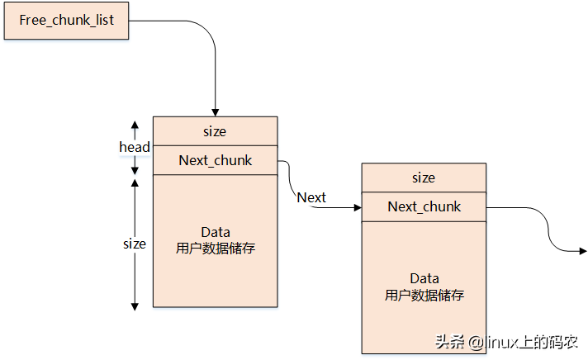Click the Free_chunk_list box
pos(67,20)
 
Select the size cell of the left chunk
pos(215,131)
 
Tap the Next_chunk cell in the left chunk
pos(215,160)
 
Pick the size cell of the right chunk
pos(423,178)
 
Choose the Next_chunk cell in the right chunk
pos(424,206)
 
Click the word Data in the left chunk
pos(215,232)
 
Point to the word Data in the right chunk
pos(424,278)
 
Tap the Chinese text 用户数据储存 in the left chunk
pos(215,248)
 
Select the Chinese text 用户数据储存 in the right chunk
pos(424,295)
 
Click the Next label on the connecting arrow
pos(311,197)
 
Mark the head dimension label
pos(134,147)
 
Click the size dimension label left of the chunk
pos(134,244)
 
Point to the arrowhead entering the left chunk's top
pos(215,112)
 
